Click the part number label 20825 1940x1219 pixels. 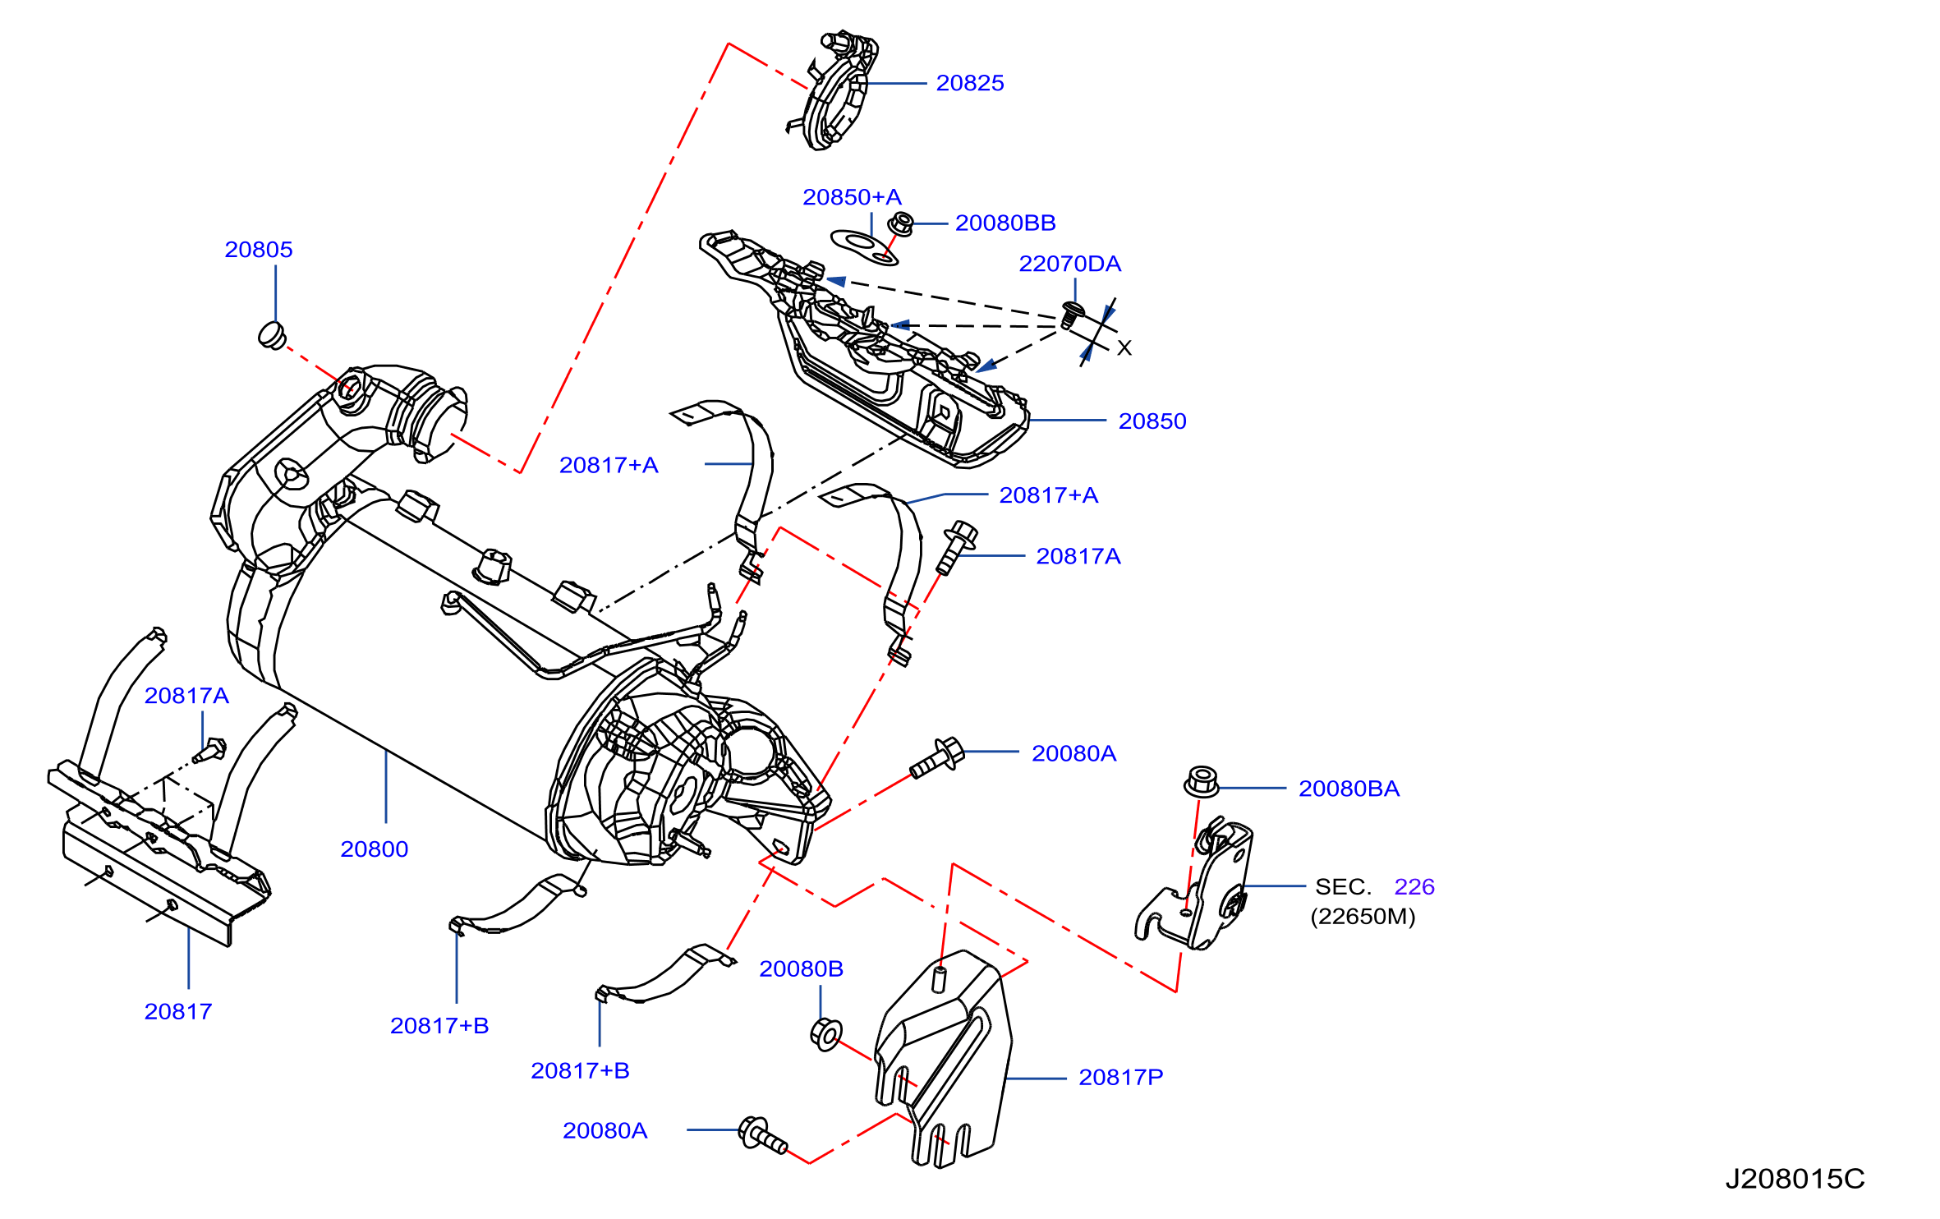(x=970, y=83)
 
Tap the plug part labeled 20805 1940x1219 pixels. (x=272, y=335)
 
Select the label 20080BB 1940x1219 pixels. (x=1005, y=223)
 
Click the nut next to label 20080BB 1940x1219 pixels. (x=901, y=223)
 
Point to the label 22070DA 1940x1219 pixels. (x=1069, y=264)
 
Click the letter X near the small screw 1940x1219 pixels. (x=1124, y=348)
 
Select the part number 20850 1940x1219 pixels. (x=1152, y=421)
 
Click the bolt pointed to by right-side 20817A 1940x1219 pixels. (x=956, y=547)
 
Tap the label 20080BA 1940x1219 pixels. (x=1349, y=789)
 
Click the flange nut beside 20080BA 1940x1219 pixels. (x=1202, y=781)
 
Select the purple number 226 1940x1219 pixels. (x=1414, y=887)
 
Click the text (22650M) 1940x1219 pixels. (x=1363, y=917)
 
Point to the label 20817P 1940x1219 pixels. (x=1121, y=1077)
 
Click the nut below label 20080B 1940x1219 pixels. (x=826, y=1033)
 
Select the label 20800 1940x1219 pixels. (x=375, y=849)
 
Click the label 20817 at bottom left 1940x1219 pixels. (x=178, y=1011)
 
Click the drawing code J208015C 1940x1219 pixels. (x=1795, y=1180)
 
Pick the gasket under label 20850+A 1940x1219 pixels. (x=865, y=247)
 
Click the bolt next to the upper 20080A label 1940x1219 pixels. (x=937, y=758)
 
